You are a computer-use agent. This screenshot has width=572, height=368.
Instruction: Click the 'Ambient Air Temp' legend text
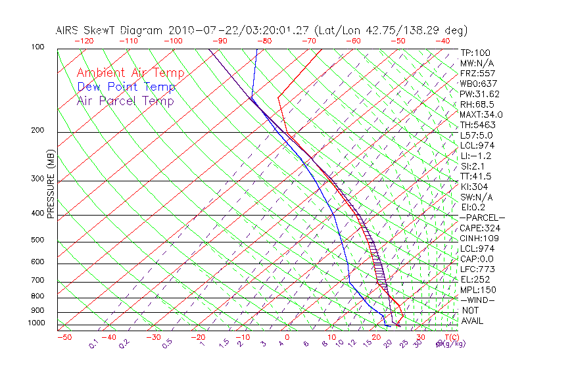[x=130, y=73]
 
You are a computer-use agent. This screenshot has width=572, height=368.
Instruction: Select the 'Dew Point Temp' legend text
[x=126, y=87]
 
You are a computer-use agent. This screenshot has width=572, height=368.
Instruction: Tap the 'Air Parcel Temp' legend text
[x=125, y=101]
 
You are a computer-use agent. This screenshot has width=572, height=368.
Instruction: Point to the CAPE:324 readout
[x=478, y=228]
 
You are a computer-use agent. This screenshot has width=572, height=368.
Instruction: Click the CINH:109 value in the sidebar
[x=478, y=239]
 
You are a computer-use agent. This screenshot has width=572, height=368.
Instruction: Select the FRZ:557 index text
[x=478, y=73]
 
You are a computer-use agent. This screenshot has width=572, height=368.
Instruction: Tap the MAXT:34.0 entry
[x=481, y=114]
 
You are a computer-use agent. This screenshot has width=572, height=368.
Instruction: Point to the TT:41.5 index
[x=476, y=176]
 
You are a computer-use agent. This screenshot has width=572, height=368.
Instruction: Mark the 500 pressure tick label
[x=38, y=240]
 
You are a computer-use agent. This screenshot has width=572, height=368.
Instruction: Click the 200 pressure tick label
[x=38, y=130]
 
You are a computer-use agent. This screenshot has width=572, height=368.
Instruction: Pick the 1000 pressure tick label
[x=37, y=323]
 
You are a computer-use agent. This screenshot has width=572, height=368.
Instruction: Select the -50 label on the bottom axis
[x=64, y=338]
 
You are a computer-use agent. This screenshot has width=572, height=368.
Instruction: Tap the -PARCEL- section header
[x=482, y=218]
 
